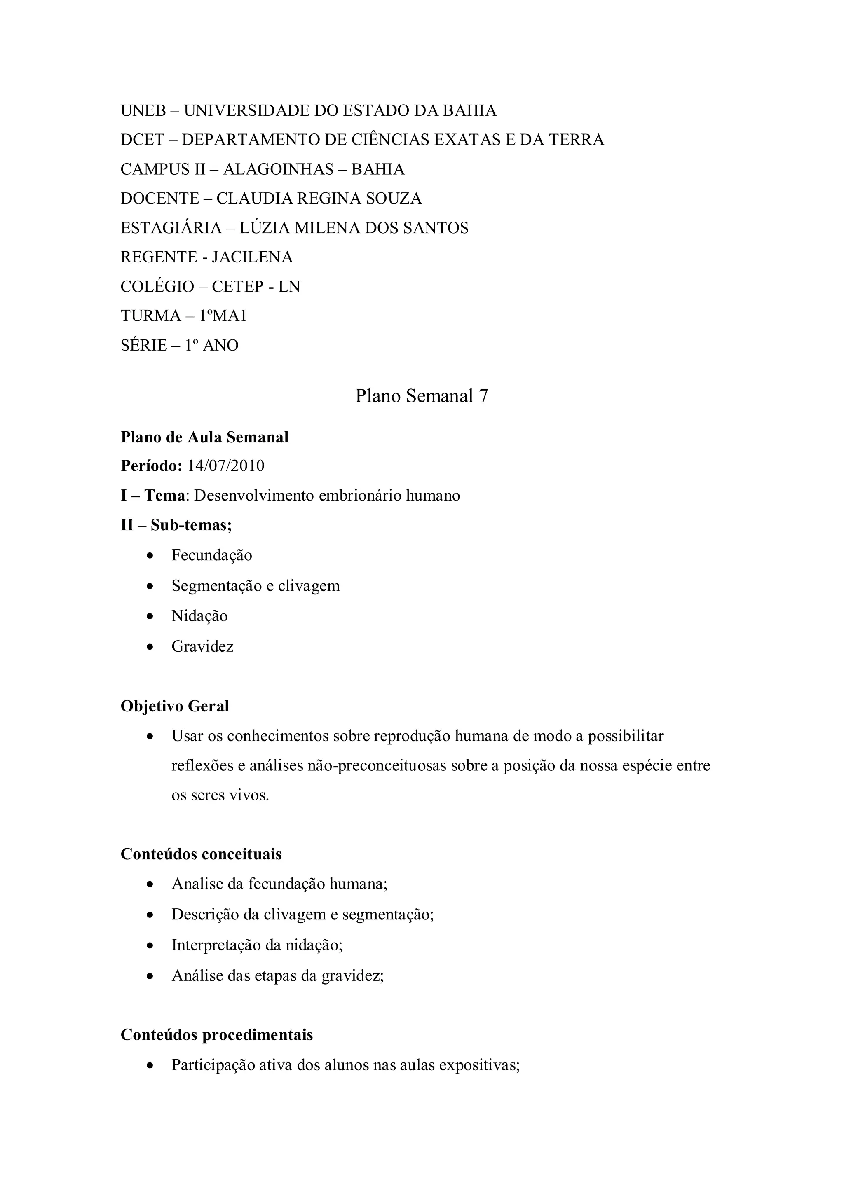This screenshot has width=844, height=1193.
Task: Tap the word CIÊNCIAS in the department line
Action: tap(390, 140)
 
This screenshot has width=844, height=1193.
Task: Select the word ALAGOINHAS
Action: tap(279, 169)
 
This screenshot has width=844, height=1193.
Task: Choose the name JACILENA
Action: tap(252, 257)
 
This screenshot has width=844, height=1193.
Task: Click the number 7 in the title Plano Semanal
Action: tap(483, 396)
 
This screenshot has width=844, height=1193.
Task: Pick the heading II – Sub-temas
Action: tap(176, 525)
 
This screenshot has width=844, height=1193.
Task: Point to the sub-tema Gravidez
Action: tap(203, 647)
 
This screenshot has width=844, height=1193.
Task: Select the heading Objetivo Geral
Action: tap(175, 706)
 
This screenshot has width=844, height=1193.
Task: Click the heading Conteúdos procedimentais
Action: tap(217, 1035)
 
